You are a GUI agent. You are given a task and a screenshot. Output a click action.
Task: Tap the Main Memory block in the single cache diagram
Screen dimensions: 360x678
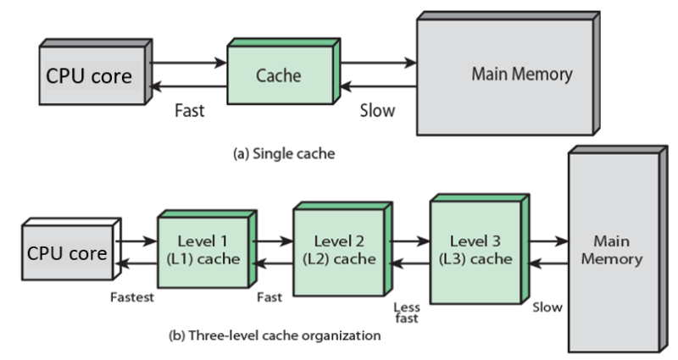click(520, 75)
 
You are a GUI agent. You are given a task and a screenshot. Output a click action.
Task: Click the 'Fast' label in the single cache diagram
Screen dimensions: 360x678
click(190, 111)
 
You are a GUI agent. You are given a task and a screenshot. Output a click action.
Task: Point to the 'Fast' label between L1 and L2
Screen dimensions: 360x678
click(270, 297)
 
